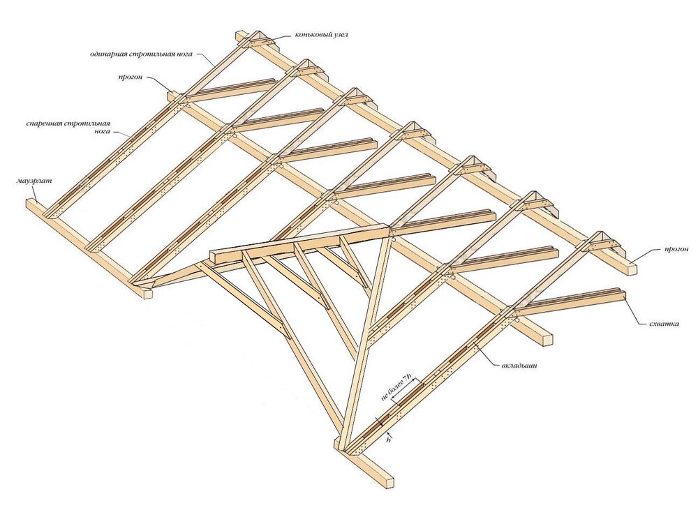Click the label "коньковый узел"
point(320,35)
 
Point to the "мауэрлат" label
point(34,181)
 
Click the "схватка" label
point(664,324)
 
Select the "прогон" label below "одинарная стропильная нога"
point(130,77)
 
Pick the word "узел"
point(339,35)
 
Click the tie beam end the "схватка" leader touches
point(621,296)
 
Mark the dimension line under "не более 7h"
point(405,392)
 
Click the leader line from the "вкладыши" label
point(487,354)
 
